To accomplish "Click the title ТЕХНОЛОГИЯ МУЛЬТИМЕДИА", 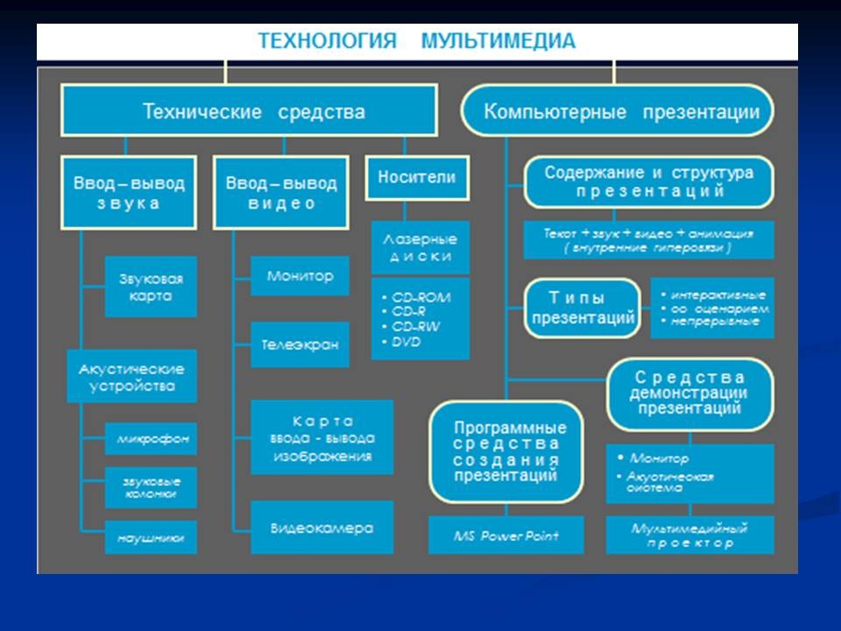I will [417, 41].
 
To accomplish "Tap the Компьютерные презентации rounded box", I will [617, 110].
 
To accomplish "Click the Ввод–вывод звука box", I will [129, 194].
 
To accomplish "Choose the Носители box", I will [416, 178].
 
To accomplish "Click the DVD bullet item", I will [407, 342].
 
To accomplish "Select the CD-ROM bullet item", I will [421, 297].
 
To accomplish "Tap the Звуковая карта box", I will [151, 287].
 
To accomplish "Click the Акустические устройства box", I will [132, 376].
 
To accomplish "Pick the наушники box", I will [151, 537].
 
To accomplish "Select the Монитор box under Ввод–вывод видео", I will [300, 276].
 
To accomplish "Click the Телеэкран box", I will [300, 344].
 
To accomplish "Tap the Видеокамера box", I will [322, 528].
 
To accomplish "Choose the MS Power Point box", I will [506, 535].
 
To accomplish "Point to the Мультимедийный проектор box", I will [690, 535].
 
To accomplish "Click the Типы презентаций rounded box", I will [582, 308].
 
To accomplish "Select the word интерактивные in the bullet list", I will [718, 294].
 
